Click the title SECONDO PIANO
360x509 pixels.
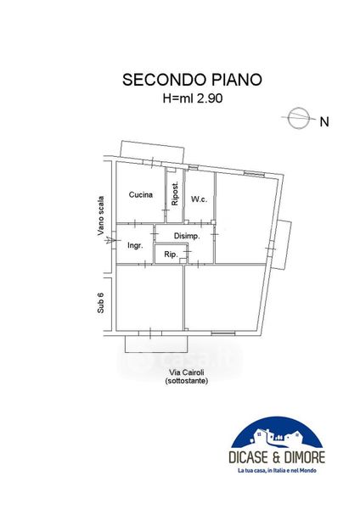pos(192,80)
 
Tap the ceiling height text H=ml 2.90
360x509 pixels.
pos(193,98)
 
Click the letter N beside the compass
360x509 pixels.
pos(324,121)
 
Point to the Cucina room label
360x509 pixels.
pos(141,194)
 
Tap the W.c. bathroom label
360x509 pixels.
pos(199,199)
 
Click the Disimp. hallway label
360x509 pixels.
pos(187,236)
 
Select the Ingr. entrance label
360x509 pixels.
pos(135,245)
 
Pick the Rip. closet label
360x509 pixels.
pos(171,255)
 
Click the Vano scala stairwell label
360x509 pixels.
pos(101,215)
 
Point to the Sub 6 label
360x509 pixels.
pos(101,303)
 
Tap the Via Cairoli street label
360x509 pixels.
pos(187,373)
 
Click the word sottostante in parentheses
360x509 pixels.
pos(187,381)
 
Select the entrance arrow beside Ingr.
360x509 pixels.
pos(111,241)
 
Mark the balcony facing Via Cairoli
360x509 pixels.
pos(156,344)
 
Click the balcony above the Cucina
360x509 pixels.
pos(152,152)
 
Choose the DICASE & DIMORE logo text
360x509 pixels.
pos(277,457)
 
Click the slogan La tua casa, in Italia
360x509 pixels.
pos(277,470)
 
